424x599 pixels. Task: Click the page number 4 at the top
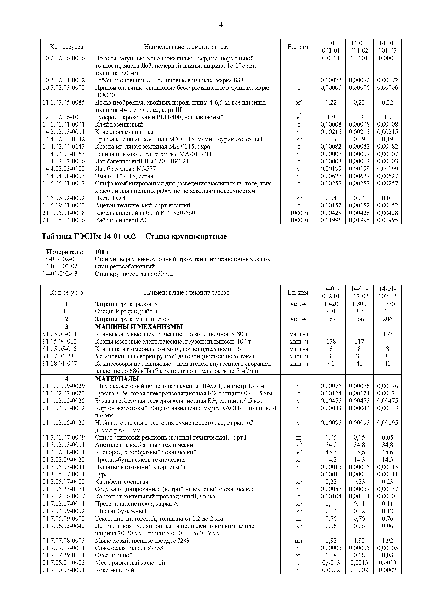(221, 25)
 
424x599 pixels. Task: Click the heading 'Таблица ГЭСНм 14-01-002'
(89, 237)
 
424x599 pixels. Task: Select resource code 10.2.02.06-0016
(64, 58)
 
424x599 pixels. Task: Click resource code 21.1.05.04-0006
(64, 220)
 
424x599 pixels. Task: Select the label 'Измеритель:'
(65, 252)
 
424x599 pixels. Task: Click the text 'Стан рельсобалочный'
(125, 266)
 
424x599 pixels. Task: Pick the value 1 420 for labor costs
(331, 304)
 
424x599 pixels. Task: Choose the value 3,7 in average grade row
(359, 311)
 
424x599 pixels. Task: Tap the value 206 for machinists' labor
(387, 319)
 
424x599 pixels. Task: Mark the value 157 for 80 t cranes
(387, 334)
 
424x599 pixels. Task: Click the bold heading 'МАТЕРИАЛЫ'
(117, 379)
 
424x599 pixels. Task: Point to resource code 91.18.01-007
(60, 363)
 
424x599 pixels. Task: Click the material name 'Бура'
(101, 474)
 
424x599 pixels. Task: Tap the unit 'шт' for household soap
(299, 541)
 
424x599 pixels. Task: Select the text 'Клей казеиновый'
(119, 124)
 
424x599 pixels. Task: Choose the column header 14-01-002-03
(387, 292)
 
